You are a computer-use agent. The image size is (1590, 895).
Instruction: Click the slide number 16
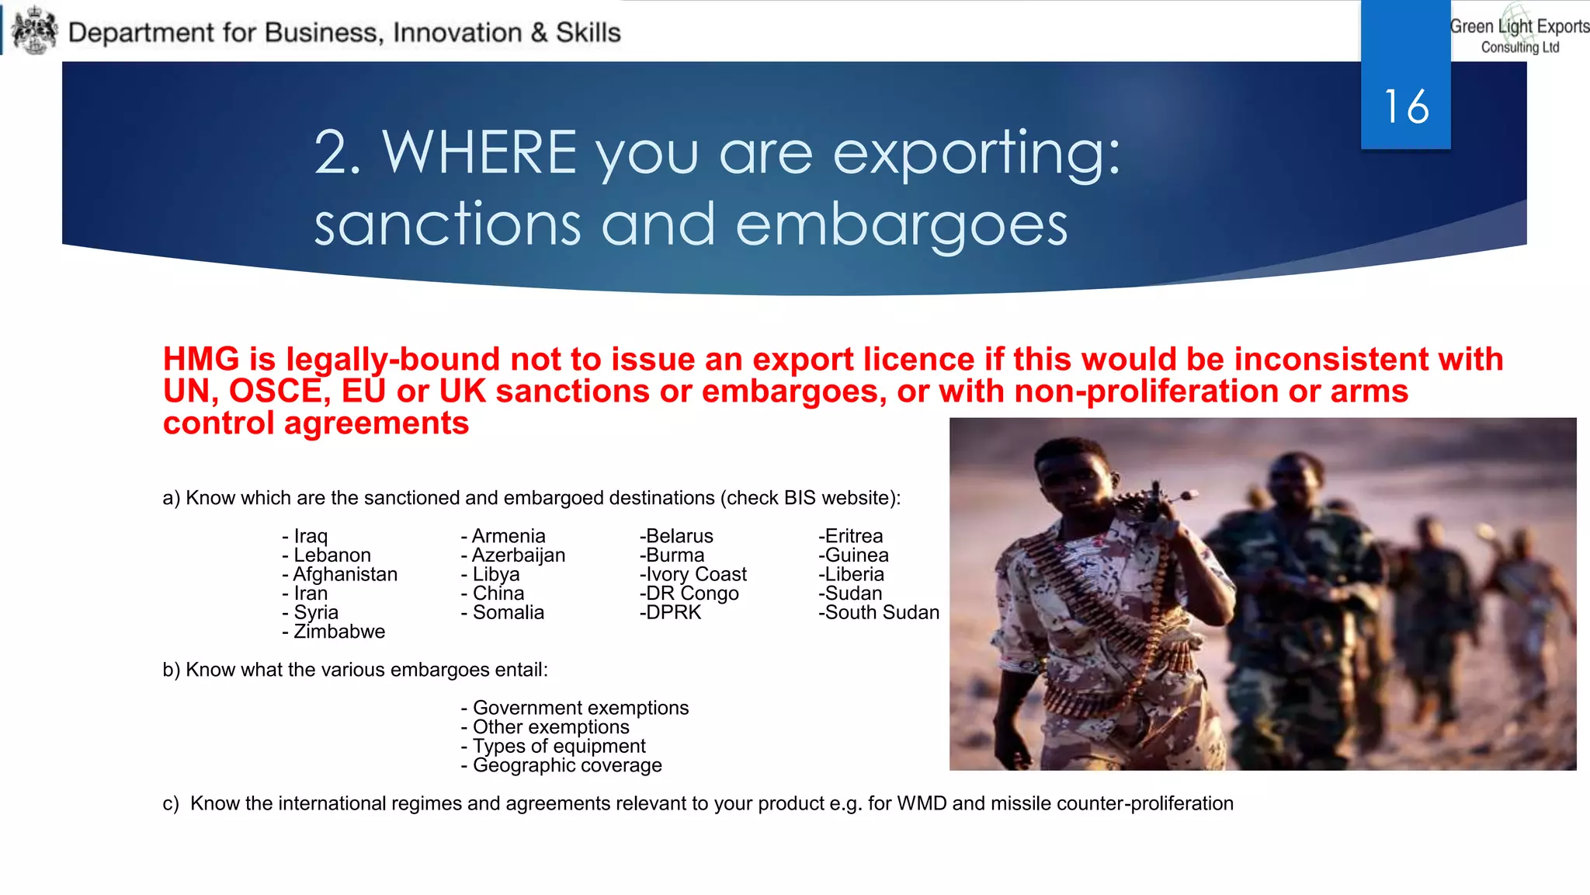point(1406,106)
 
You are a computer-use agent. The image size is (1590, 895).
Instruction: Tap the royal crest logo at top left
point(35,31)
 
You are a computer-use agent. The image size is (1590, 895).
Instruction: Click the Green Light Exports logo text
point(1519,35)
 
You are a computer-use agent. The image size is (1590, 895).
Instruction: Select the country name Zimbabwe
point(339,632)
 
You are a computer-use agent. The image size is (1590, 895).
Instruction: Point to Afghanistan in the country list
point(345,574)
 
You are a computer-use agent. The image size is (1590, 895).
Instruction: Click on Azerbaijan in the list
point(519,555)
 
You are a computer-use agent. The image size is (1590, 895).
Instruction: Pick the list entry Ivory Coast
point(696,574)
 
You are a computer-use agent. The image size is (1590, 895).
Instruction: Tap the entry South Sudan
point(882,612)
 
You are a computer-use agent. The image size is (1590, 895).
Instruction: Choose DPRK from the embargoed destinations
point(673,612)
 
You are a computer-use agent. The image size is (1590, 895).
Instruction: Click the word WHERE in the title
point(479,152)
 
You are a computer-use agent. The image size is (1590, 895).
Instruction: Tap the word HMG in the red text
point(201,359)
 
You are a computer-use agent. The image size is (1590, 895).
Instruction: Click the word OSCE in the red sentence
point(275,391)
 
